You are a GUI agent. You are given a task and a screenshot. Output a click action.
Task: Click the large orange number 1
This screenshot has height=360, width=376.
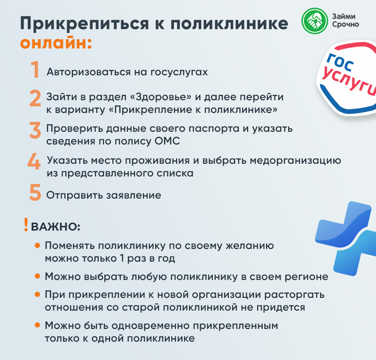(x=35, y=70)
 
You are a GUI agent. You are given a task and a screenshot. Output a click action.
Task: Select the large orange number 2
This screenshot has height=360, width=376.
(x=35, y=99)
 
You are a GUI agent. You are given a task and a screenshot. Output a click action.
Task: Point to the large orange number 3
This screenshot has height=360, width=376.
(x=35, y=130)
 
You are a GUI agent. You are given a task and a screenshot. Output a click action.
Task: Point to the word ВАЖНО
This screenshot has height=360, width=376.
(x=55, y=227)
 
